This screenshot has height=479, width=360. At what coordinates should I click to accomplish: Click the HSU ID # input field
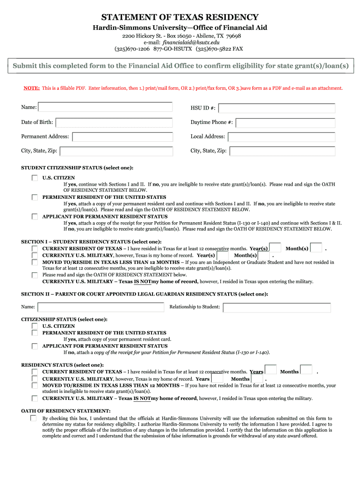(277, 109)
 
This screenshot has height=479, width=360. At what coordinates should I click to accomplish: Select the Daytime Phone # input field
(285, 123)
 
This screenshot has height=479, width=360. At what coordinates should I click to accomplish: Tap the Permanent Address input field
(122, 137)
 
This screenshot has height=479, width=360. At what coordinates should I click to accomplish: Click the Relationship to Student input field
(277, 307)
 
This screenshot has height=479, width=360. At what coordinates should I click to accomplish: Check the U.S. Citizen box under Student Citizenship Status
(35, 178)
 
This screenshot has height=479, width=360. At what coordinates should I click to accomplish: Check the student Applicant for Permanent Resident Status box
(35, 217)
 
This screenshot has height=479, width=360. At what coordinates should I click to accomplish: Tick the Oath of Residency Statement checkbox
(34, 418)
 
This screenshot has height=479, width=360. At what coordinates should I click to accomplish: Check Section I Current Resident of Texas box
(35, 248)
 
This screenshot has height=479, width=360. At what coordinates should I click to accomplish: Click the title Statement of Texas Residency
(180, 17)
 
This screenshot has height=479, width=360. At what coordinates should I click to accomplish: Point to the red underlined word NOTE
(31, 88)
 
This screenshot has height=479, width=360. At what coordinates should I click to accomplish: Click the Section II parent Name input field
(101, 307)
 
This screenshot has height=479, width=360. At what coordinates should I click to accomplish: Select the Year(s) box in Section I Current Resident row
(275, 247)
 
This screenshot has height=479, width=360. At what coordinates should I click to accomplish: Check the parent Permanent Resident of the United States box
(35, 333)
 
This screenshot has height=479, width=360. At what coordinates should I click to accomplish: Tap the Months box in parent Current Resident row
(306, 370)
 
